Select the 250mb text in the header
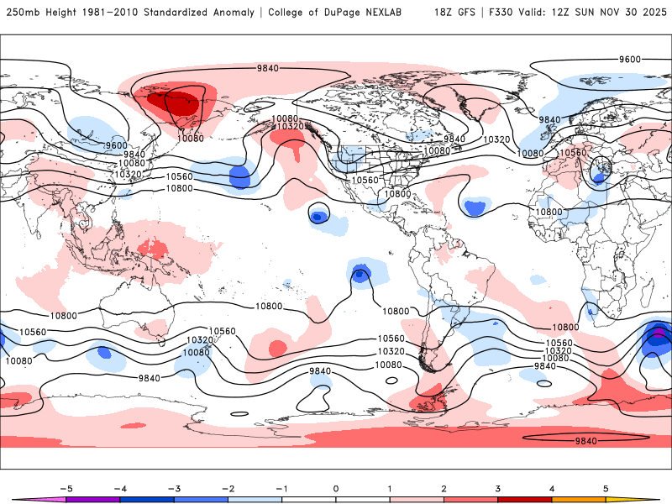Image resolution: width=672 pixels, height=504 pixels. [21, 13]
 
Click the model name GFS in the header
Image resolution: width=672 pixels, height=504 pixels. [464, 13]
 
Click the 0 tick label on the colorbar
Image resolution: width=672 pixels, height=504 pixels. [336, 488]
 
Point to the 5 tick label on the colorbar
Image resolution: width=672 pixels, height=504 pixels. [606, 488]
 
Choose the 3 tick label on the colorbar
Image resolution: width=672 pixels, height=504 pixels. [498, 488]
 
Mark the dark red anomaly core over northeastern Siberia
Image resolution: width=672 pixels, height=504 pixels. [174, 104]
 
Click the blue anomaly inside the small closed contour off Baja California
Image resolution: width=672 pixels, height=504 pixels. [318, 216]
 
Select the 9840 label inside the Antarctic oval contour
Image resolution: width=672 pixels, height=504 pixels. [585, 440]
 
